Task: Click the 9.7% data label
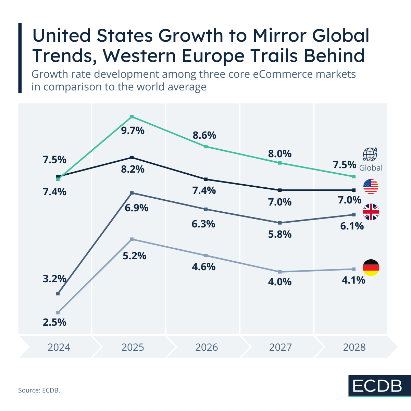[133, 130]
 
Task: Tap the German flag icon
[371, 268]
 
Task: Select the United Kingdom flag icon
[371, 212]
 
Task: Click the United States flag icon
[371, 187]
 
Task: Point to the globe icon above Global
[370, 154]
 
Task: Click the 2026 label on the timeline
[207, 347]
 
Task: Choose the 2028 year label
[354, 347]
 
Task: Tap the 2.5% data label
[54, 322]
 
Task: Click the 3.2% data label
[54, 279]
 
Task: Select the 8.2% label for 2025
[133, 169]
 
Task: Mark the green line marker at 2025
[132, 117]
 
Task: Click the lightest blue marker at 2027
[280, 272]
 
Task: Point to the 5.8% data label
[280, 234]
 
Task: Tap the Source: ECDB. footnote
[39, 390]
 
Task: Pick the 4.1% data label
[353, 281]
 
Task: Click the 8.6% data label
[204, 135]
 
